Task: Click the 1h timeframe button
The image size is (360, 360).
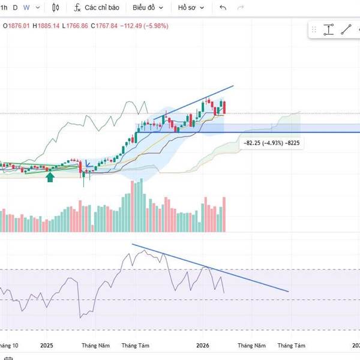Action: (4, 8)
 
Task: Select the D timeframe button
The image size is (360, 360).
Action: (15, 8)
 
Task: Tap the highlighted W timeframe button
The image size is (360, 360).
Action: (26, 8)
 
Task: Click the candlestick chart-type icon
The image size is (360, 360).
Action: (56, 8)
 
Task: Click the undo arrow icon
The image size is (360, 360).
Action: (223, 8)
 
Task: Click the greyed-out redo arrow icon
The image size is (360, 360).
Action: (241, 8)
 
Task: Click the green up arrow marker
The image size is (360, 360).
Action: (50, 176)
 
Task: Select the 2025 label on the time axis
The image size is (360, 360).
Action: (47, 346)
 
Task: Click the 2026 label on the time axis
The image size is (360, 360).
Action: (203, 346)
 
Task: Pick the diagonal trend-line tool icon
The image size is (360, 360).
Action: (346, 29)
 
